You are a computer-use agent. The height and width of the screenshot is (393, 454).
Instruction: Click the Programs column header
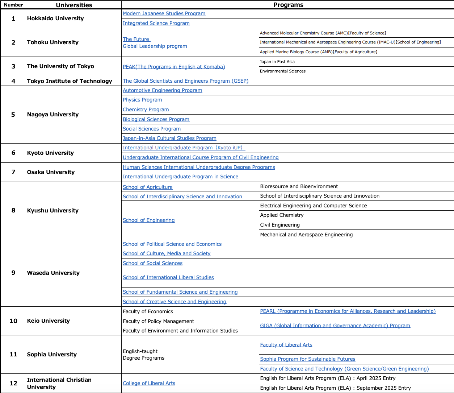[x=288, y=5]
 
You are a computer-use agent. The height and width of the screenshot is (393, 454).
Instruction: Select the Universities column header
[x=74, y=5]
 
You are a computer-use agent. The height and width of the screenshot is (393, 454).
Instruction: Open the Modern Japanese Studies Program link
[x=164, y=13]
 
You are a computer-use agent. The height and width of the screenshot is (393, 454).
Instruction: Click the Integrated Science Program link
[x=156, y=23]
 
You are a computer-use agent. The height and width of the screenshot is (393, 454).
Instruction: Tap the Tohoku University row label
[x=53, y=42]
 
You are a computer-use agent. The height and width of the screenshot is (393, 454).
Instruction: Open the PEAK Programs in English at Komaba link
[x=174, y=67]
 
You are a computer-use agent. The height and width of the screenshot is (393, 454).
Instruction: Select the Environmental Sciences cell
[x=283, y=71]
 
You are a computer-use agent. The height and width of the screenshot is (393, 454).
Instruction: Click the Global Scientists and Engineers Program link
[x=185, y=81]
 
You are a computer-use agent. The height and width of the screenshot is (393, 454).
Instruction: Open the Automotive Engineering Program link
[x=162, y=90]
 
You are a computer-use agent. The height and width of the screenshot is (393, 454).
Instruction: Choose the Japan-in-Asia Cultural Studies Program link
[x=169, y=138]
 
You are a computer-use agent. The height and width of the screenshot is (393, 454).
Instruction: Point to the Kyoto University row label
[x=50, y=153]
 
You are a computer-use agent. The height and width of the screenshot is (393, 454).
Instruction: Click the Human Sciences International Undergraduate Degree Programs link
[x=199, y=167]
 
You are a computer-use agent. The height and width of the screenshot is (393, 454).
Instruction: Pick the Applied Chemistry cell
[x=282, y=215]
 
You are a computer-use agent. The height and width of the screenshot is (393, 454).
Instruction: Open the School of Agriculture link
[x=147, y=187]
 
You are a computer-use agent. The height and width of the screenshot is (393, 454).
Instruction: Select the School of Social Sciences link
[x=152, y=263]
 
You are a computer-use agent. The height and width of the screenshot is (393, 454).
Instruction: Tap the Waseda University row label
[x=53, y=273]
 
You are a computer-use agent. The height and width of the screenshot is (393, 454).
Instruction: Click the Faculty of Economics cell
[x=148, y=311]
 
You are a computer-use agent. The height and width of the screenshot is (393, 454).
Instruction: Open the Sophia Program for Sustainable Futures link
[x=307, y=359]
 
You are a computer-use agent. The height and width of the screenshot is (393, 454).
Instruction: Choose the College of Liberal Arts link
[x=149, y=383]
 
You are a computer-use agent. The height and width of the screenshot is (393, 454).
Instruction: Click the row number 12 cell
[x=13, y=383]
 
